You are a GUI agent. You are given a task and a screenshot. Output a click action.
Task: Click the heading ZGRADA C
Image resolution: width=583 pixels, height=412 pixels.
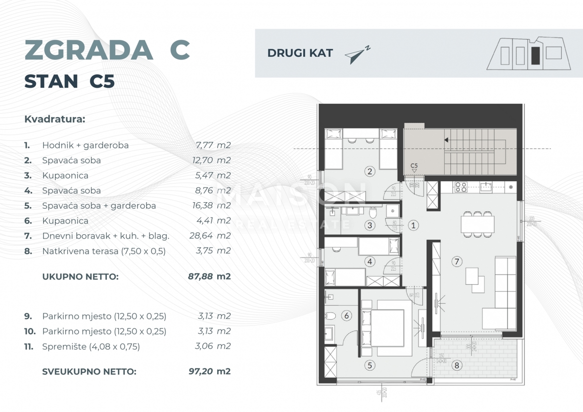107,50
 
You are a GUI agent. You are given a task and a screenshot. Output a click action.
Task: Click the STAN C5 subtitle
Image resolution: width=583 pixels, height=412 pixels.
69,82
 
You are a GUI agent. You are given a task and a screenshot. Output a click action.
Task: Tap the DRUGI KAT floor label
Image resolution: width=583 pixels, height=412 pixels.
300,53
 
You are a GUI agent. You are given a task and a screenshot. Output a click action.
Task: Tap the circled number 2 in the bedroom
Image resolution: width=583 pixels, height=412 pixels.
370,171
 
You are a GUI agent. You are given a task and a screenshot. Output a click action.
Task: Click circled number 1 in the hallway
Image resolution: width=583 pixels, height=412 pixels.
413,225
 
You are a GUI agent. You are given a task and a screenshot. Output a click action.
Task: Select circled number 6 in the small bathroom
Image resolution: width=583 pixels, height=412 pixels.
346,316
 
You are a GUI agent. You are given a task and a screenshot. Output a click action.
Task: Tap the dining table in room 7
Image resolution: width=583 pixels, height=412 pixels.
478,224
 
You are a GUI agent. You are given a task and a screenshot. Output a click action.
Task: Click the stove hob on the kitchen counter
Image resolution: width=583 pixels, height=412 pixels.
460,186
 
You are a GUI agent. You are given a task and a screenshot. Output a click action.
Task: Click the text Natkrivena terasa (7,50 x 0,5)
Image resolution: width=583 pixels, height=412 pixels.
104,251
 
